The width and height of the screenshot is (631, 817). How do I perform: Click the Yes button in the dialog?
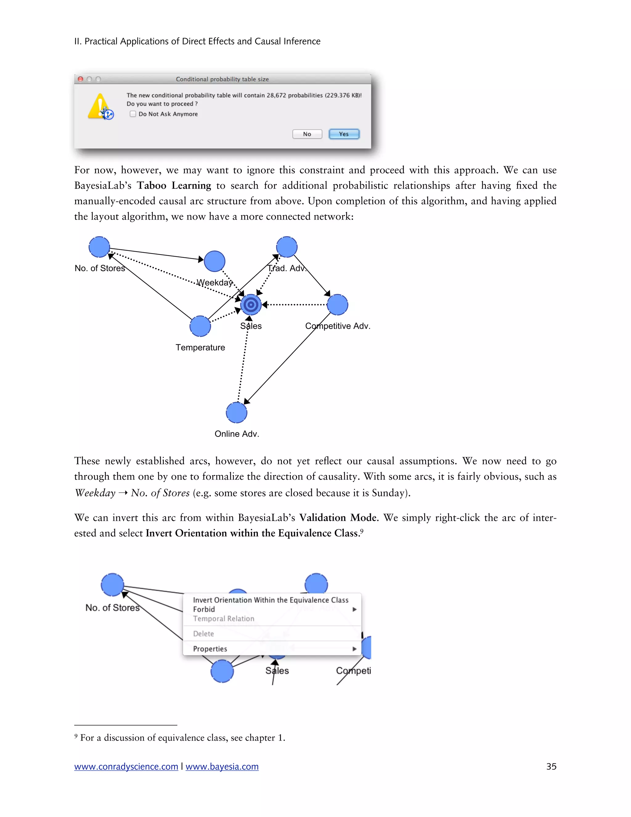pos(344,134)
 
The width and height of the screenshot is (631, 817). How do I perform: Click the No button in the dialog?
pos(307,134)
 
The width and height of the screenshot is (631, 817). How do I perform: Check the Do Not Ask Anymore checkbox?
pos(133,114)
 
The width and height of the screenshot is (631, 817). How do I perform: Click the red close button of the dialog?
pos(80,79)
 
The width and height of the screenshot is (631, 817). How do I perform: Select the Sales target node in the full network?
pos(251,305)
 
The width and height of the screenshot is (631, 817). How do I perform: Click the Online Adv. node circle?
pos(237,413)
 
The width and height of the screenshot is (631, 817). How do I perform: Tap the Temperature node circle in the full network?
pos(200,326)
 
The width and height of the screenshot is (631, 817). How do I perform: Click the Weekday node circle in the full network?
pos(214,261)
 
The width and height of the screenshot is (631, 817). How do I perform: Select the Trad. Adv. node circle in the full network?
pos(287,247)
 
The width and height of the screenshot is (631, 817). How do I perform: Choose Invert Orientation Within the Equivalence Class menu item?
pos(271,600)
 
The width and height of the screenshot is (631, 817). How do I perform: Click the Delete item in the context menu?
pos(204,633)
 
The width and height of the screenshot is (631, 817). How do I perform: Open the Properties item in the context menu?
pos(210,649)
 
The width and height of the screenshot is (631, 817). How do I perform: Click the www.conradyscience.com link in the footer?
pos(126,766)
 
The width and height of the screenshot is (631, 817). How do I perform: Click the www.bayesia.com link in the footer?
pos(222,766)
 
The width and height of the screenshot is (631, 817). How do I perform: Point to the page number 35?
pos(551,766)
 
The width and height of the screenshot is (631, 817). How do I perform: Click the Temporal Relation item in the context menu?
pos(224,618)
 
